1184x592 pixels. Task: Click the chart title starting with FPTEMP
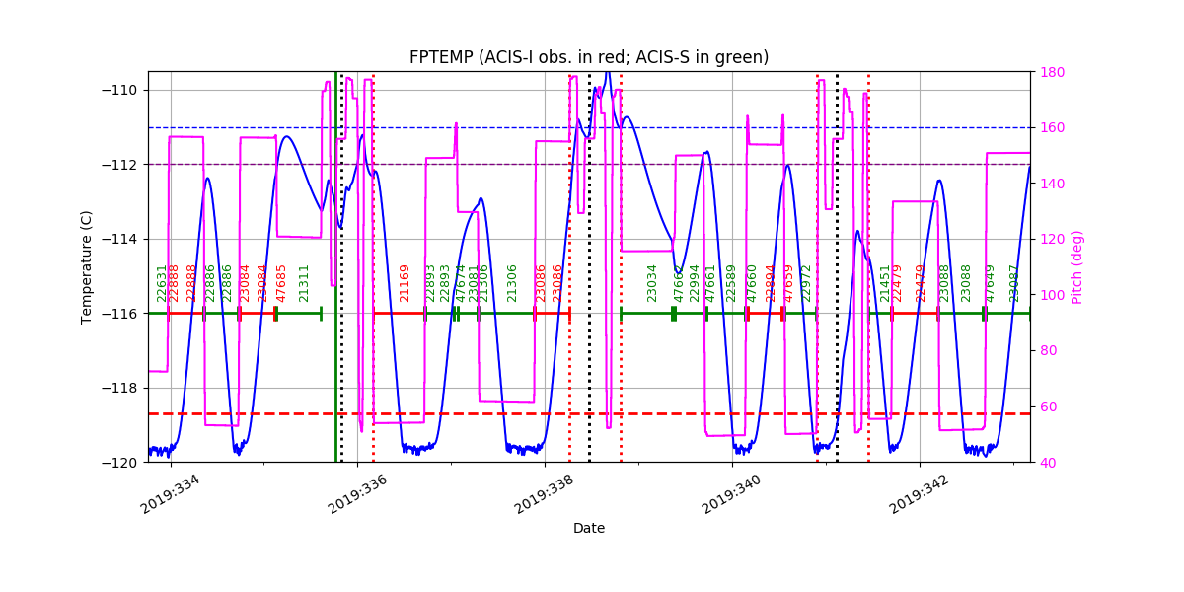coord(589,57)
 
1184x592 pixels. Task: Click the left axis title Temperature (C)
coord(87,266)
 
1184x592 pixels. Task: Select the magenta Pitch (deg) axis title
coord(1077,266)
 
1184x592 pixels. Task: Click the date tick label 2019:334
coord(170,493)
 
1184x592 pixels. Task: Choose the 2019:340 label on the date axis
coord(731,493)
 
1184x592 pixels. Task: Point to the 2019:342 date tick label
coord(919,493)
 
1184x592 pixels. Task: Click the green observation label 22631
coord(162,283)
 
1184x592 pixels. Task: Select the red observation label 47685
coord(281,283)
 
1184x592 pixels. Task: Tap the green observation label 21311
coord(304,283)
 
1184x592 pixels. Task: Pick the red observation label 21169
coord(405,283)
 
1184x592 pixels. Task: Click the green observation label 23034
coord(652,283)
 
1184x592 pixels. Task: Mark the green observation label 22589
coord(731,283)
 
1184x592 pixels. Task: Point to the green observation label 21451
coord(885,283)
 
